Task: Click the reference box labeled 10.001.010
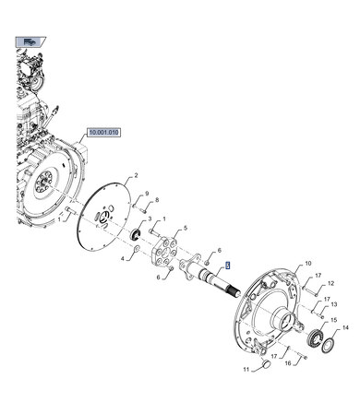tap(103, 133)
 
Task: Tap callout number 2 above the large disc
tap(136, 176)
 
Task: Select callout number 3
tap(150, 219)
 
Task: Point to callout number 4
tap(123, 259)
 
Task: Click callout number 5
tap(186, 228)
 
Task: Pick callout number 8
tap(157, 200)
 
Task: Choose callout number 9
tap(147, 194)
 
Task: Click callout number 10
tap(308, 264)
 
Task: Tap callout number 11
tap(246, 369)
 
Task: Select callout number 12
tap(330, 283)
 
